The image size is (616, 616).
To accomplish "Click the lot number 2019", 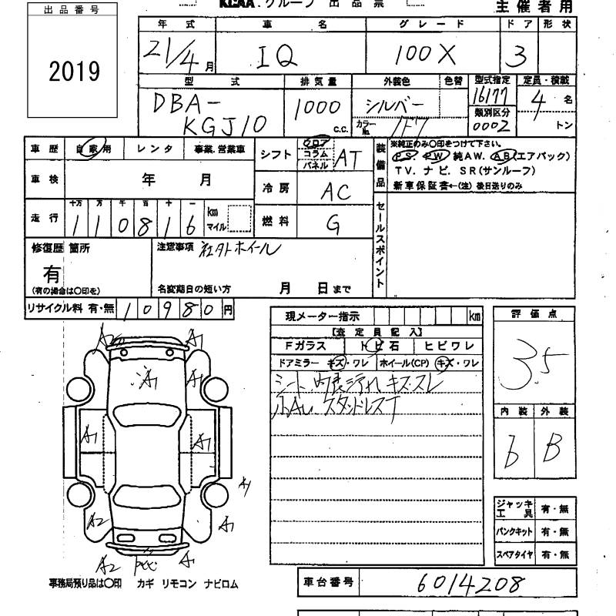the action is pos(75,72).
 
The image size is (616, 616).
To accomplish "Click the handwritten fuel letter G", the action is pos(333,223).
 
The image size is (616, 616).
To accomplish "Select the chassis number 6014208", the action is pos(470,582).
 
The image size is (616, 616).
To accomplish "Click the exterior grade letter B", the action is pos(552,447).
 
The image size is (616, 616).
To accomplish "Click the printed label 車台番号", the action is pos(326,583).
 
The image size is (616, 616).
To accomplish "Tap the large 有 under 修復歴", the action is pos(52,272).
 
